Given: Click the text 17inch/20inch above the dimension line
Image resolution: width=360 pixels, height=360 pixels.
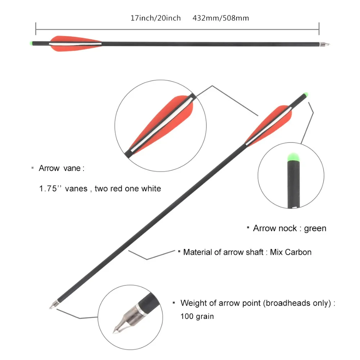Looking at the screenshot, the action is [x=156, y=18].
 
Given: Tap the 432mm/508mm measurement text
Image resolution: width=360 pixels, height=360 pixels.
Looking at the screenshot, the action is [x=221, y=18].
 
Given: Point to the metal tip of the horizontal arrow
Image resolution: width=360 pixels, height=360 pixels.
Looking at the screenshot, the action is [x=325, y=45].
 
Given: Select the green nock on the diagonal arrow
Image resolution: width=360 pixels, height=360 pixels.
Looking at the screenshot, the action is [x=306, y=95].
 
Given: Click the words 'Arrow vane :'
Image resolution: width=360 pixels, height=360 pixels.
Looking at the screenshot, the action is [x=62, y=168].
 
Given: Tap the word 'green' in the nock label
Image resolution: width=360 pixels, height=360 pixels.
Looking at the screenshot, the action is [x=315, y=228].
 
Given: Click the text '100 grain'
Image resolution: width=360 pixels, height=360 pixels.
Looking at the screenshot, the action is [x=197, y=316].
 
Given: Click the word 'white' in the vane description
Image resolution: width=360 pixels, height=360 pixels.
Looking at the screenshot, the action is [x=151, y=188].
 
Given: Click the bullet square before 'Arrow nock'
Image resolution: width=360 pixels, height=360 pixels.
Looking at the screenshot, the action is [x=248, y=228].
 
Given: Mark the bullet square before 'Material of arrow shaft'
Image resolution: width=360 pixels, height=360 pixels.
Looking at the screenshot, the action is [x=179, y=251].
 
